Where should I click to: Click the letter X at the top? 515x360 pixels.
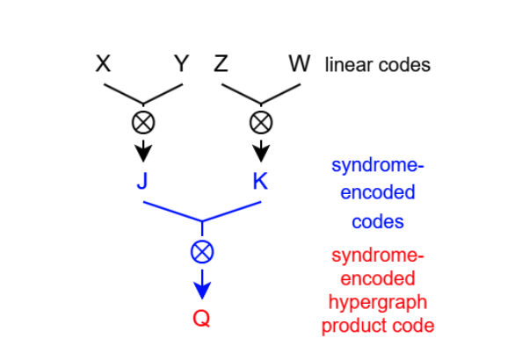point(104,64)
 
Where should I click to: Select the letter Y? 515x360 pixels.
point(181,64)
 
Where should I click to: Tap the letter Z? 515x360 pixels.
point(221,64)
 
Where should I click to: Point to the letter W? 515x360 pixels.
point(299,64)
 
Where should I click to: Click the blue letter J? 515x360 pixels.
point(143,183)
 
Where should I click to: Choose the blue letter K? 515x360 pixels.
point(260,183)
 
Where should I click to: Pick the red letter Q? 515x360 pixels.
point(202,319)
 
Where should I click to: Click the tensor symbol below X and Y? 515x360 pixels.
point(143,121)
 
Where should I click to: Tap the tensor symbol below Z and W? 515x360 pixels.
point(261,121)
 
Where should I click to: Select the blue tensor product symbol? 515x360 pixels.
point(202,253)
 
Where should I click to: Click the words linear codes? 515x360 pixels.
point(377,65)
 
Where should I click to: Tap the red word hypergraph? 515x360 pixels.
point(377,303)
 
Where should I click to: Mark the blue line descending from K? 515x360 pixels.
point(233,212)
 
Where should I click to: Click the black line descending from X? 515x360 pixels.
point(124,93)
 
